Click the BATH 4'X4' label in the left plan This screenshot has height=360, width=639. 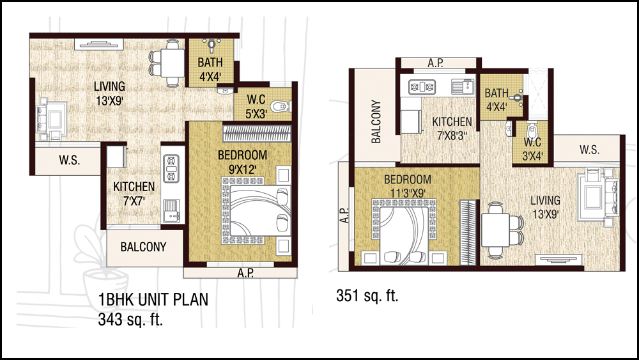tap(210, 69)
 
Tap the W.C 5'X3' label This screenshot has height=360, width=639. tap(256, 106)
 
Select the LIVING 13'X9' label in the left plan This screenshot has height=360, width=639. tap(109, 93)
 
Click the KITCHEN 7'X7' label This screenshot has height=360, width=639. tap(134, 193)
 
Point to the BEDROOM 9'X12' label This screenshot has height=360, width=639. tap(242, 162)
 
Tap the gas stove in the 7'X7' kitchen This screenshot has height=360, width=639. tap(171, 168)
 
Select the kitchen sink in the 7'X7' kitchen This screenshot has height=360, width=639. tap(171, 210)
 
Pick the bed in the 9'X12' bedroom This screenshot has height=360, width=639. tap(256, 211)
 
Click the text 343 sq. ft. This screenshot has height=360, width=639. tap(130, 319)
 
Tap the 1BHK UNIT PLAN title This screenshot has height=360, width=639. tap(153, 299)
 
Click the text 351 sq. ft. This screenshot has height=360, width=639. tap(367, 295)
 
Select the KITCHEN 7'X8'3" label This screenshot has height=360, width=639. tap(452, 129)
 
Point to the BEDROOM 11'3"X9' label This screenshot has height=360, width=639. tap(408, 186)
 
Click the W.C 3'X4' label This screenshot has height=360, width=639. tap(532, 149)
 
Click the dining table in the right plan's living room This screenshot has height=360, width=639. tap(495, 230)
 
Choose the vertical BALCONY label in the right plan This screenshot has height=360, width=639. tap(376, 121)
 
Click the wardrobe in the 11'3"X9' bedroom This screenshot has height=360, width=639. tap(468, 232)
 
